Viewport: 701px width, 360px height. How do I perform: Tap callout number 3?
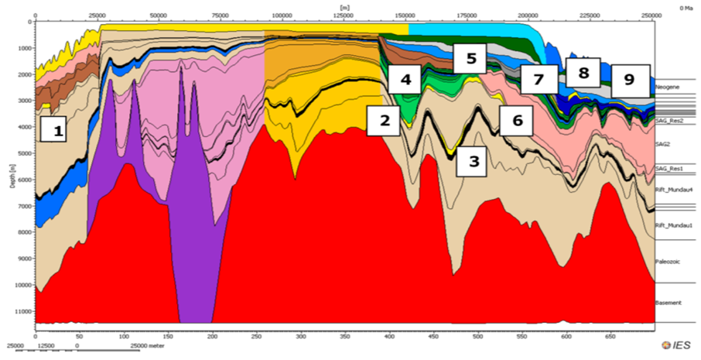(474, 160)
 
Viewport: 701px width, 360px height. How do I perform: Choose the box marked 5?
(470, 57)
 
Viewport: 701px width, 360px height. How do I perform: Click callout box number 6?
(517, 120)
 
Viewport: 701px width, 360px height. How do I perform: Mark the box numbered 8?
(583, 73)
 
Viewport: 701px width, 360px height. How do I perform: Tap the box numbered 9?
(628, 78)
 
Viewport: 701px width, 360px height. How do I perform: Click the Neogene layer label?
(668, 87)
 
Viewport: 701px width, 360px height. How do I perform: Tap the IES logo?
(678, 344)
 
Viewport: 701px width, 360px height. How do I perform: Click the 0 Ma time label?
(686, 7)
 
